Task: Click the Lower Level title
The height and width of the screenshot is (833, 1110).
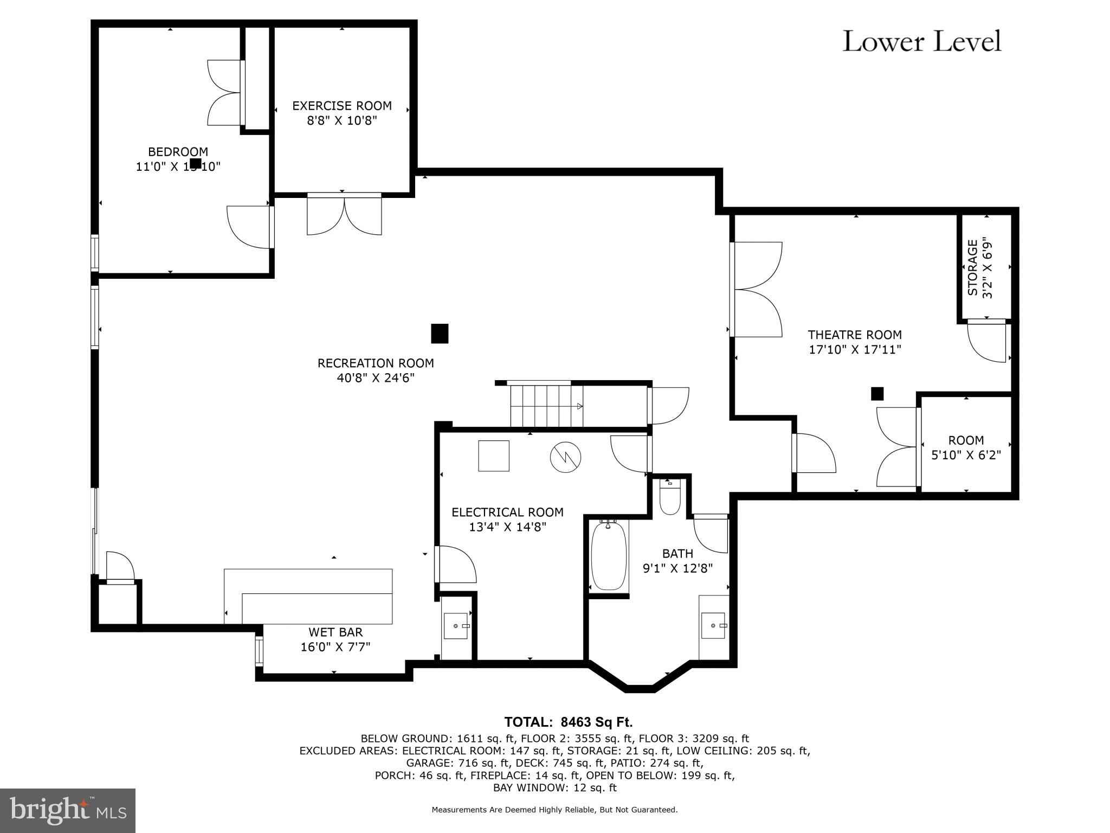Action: pyautogui.click(x=921, y=42)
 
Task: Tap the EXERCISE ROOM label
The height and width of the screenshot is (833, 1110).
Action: pyautogui.click(x=341, y=106)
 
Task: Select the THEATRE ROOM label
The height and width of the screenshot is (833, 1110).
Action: pyautogui.click(x=855, y=335)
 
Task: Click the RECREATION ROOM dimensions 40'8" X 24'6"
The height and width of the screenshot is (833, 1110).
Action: pyautogui.click(x=376, y=378)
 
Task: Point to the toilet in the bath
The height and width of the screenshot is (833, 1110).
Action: pyautogui.click(x=670, y=498)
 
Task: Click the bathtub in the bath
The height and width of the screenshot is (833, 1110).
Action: pyautogui.click(x=609, y=555)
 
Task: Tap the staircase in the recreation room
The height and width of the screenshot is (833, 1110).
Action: pyautogui.click(x=546, y=406)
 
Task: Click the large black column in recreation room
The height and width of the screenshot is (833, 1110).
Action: pyautogui.click(x=440, y=334)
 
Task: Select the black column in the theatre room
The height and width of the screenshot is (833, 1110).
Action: pyautogui.click(x=877, y=394)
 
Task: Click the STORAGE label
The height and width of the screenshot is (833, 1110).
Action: pyautogui.click(x=973, y=267)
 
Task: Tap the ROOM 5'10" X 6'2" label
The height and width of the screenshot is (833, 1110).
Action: pyautogui.click(x=966, y=447)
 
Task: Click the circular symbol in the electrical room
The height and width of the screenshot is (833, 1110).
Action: pyautogui.click(x=565, y=457)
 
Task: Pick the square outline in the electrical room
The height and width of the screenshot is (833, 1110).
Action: pyautogui.click(x=494, y=456)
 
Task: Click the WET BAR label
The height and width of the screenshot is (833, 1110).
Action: pyautogui.click(x=335, y=632)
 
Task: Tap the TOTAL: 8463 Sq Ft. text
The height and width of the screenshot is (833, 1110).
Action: pyautogui.click(x=568, y=722)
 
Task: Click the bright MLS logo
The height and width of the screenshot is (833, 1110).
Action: pyautogui.click(x=68, y=810)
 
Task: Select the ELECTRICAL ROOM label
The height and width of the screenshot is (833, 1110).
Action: pyautogui.click(x=507, y=512)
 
